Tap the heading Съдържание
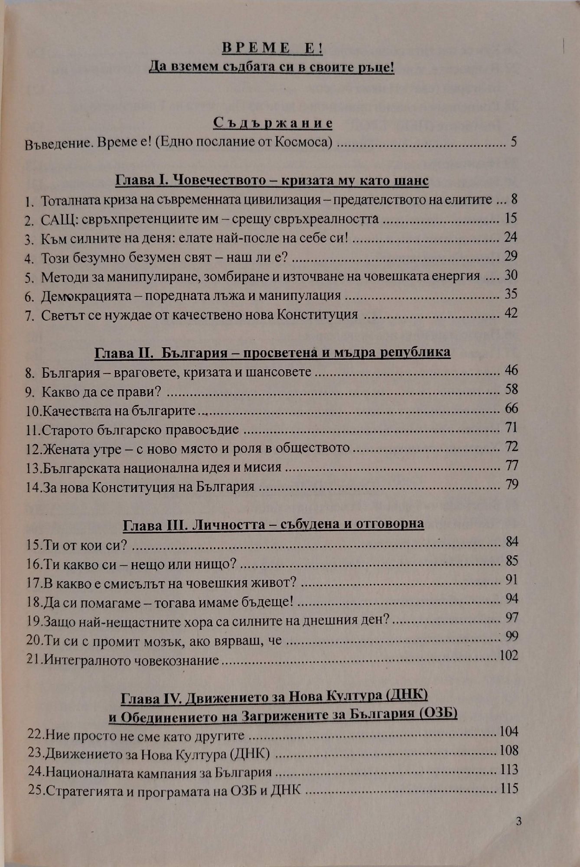(x=273, y=123)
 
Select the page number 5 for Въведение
(x=513, y=142)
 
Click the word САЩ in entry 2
(x=55, y=219)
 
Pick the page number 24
(x=511, y=237)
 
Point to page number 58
(x=512, y=389)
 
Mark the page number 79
(x=512, y=484)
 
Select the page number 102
(x=508, y=655)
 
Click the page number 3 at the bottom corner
(x=519, y=821)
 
